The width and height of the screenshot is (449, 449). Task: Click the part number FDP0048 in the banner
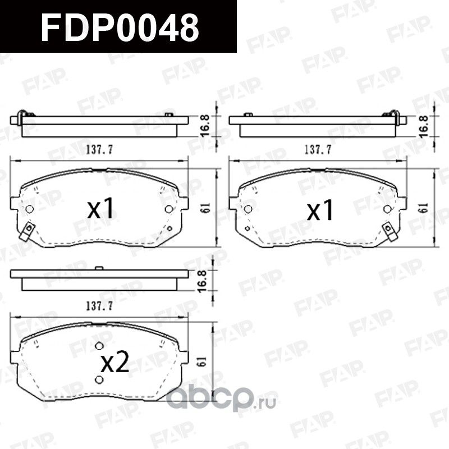(120, 27)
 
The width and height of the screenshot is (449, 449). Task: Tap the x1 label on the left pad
(102, 209)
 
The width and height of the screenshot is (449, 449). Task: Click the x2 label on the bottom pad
(114, 364)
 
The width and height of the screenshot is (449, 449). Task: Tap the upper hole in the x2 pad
(99, 346)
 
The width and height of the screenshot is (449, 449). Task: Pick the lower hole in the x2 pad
(99, 380)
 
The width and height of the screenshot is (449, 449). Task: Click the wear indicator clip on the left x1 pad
(25, 232)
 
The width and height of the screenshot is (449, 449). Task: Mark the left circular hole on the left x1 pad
(30, 209)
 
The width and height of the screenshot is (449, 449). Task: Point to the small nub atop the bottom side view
(99, 269)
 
